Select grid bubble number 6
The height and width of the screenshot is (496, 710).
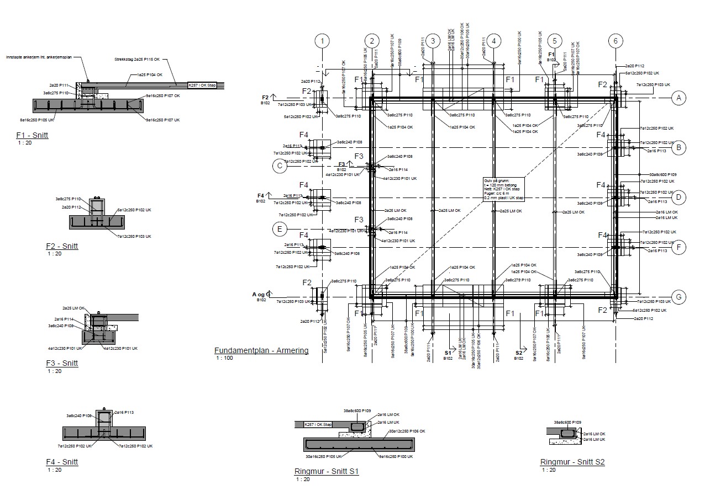615,40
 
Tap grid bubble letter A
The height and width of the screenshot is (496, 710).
679,98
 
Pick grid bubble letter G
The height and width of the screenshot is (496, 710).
679,297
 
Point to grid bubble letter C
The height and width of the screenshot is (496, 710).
280,166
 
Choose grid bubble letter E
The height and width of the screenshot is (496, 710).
280,229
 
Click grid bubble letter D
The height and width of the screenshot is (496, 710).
679,196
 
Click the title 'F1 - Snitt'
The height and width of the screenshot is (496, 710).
32,135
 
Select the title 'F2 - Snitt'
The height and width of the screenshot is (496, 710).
62,247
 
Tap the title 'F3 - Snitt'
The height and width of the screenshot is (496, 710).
62,363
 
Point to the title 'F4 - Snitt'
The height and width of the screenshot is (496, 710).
62,462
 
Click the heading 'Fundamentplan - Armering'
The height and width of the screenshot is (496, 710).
261,350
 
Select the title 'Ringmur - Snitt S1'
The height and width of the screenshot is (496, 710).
327,471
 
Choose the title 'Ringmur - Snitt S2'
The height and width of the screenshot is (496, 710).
572,462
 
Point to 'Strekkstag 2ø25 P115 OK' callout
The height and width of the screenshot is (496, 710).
137,59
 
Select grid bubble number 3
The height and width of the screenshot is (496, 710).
434,40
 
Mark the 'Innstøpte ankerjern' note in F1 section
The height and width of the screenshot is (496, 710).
39,57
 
